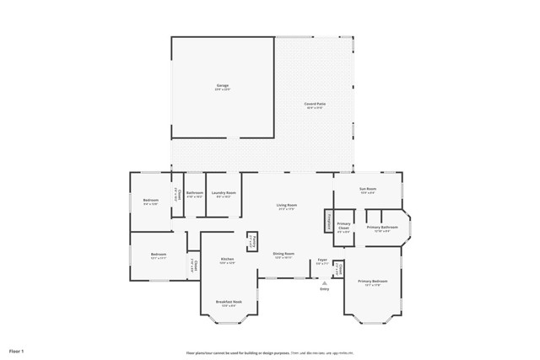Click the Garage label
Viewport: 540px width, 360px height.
tap(223, 85)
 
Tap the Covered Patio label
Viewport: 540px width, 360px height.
tap(316, 104)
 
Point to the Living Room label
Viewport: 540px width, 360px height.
tap(287, 205)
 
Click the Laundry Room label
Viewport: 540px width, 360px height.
tap(224, 192)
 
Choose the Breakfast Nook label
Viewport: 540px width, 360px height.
tap(229, 301)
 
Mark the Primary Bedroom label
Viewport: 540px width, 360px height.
tap(372, 281)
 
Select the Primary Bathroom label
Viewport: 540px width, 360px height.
tap(381, 227)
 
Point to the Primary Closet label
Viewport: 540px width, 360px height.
tap(343, 227)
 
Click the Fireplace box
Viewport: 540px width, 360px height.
tap(328, 221)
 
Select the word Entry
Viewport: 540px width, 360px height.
tap(325, 289)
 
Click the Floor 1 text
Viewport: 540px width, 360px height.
tap(17, 350)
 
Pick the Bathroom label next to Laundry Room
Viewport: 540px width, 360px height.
tap(195, 192)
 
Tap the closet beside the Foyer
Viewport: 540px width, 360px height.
tap(338, 269)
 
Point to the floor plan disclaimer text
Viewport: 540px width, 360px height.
tap(270, 352)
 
